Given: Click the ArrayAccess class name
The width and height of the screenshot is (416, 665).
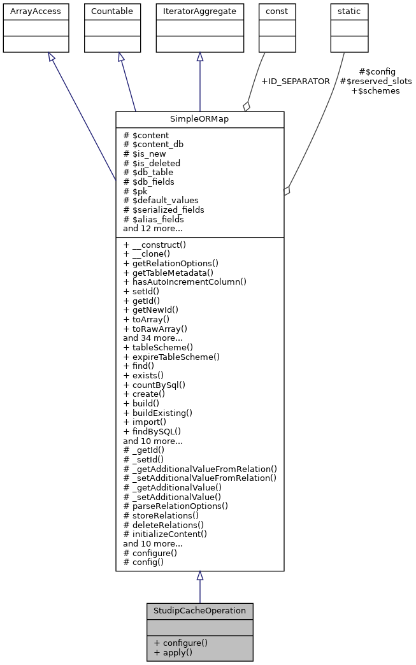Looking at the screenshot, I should [27, 11].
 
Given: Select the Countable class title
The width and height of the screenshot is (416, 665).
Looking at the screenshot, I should [113, 11].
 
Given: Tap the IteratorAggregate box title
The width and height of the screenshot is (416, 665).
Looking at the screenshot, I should [200, 11].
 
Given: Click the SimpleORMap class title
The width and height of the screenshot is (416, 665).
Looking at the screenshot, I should [199, 119].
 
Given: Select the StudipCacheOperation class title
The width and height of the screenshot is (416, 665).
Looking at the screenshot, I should [199, 610].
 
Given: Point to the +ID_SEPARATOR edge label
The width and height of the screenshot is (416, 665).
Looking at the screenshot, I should [296, 81].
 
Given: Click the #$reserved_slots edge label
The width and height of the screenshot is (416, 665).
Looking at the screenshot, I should [376, 81].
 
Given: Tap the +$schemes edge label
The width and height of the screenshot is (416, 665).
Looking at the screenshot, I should [376, 90].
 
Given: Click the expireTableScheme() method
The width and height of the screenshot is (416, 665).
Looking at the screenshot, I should [171, 357].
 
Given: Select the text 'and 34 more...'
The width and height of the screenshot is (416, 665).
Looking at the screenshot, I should [153, 338].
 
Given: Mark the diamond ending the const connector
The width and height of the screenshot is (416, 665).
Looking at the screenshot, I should [247, 106].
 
